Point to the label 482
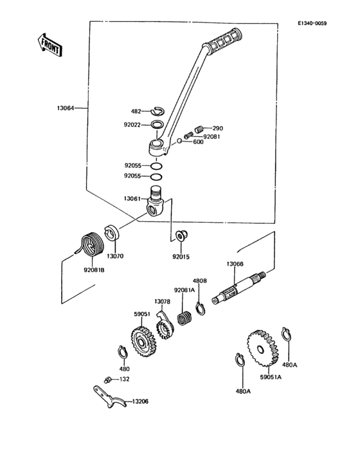(136, 111)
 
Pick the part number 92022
(132, 124)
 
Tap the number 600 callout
(198, 142)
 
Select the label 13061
(132, 200)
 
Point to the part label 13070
(115, 255)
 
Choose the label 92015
(181, 256)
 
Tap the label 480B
(200, 281)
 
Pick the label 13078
(162, 301)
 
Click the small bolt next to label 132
(107, 380)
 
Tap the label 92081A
(184, 290)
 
